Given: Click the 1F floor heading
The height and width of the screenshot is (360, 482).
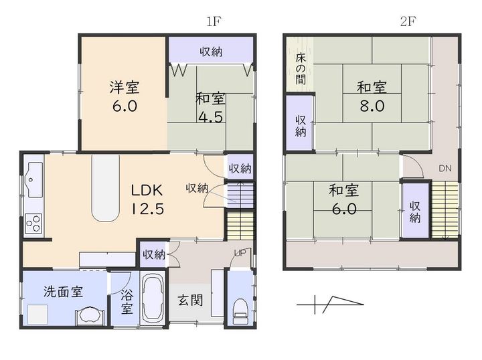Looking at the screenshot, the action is click(x=214, y=21).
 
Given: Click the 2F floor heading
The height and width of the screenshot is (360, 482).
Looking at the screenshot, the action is click(x=408, y=21).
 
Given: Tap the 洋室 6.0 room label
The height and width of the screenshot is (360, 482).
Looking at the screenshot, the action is click(x=125, y=96).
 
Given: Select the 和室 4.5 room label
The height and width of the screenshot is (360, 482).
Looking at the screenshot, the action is click(x=211, y=108).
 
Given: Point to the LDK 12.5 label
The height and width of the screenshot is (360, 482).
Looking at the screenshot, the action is click(x=147, y=199).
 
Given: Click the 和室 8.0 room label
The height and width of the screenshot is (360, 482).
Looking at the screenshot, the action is click(x=372, y=96).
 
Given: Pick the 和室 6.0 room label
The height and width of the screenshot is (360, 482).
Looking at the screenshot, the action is click(x=344, y=199).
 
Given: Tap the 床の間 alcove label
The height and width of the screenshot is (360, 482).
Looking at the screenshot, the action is click(x=301, y=69).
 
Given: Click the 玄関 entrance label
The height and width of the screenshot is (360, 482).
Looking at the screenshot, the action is click(x=191, y=300).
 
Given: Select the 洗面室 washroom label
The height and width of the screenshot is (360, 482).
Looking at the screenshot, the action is click(x=64, y=292).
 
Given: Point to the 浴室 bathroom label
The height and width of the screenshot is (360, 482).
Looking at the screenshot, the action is click(x=127, y=302).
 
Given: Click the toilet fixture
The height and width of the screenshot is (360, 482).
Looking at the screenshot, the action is click(x=240, y=311).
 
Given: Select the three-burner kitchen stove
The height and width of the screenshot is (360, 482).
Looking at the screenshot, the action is click(x=33, y=223).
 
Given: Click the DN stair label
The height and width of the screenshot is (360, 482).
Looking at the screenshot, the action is click(x=445, y=168).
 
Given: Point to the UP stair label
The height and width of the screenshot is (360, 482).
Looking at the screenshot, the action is click(x=240, y=253).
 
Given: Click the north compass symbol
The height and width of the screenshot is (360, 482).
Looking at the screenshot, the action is click(x=331, y=304).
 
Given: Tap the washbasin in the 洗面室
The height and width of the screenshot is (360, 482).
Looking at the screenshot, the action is click(x=90, y=316).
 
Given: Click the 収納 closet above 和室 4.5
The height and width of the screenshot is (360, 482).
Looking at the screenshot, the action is click(x=211, y=51).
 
